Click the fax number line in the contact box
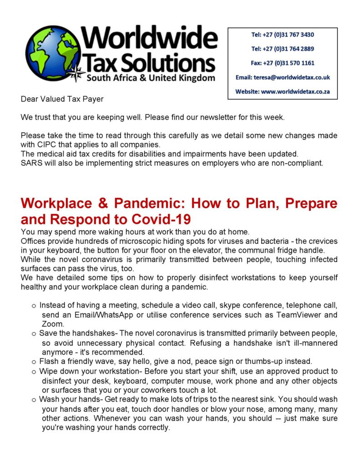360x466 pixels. pos(283,63)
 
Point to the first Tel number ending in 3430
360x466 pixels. pos(283,35)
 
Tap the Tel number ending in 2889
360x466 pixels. pos(283,49)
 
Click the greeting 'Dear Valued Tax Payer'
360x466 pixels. pos(62,99)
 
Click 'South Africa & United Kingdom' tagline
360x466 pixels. pos(151,78)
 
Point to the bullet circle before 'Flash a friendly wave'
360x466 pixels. pos(34,362)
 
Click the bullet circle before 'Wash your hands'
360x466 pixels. pos(34,400)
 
